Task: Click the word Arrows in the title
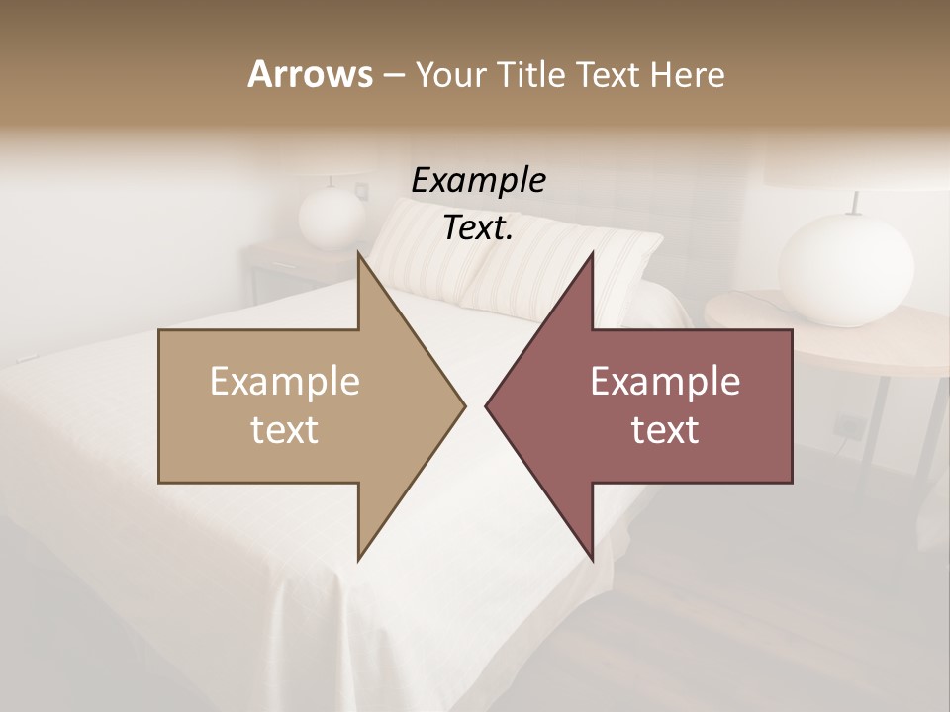310,74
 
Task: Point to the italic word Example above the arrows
478,181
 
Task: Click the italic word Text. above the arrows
478,228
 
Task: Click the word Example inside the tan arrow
285,382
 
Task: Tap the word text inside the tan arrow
285,429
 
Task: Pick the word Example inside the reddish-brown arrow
665,382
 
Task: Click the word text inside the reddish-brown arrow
665,429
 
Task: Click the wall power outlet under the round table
848,426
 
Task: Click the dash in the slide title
393,75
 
